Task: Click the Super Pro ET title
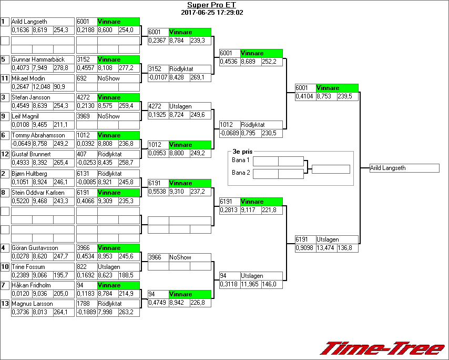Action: (212, 5)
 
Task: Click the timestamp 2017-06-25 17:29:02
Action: (212, 13)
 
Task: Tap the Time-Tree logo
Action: (383, 348)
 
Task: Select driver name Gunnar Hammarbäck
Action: (38, 59)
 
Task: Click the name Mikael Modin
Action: (28, 78)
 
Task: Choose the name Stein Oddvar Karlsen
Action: (38, 192)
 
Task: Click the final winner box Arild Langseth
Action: (404, 168)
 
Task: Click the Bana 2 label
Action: (241, 173)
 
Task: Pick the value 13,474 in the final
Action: (326, 248)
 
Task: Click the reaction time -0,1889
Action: (86, 312)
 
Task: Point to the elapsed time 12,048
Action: (42, 87)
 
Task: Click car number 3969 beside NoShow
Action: (84, 116)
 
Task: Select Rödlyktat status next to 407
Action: (110, 154)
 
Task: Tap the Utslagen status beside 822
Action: (108, 267)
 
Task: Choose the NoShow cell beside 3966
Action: (180, 257)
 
